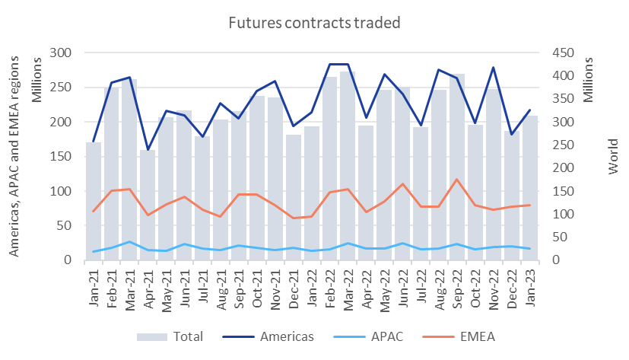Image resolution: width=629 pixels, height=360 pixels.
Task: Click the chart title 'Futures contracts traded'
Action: pos(314,23)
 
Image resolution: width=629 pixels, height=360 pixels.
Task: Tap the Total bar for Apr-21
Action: pos(147,205)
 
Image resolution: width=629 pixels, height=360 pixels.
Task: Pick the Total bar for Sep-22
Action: pos(456,167)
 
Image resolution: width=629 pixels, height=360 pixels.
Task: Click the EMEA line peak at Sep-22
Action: pos(456,180)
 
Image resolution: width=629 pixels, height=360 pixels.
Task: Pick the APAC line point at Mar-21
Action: pos(129,242)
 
